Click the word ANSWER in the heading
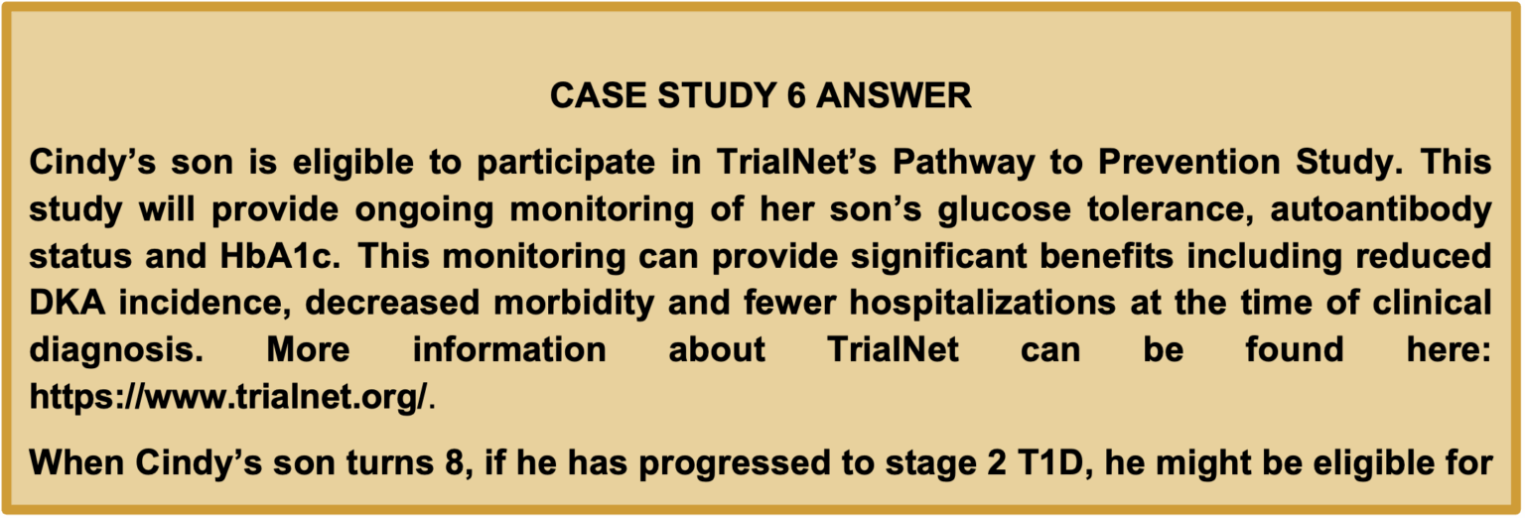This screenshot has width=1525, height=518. point(894,95)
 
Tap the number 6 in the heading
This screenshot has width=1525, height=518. point(796,95)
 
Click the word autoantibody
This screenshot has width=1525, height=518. point(1381,210)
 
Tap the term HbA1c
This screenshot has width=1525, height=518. point(280,256)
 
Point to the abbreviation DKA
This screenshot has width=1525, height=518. point(68,303)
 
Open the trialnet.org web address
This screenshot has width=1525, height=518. point(228,397)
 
